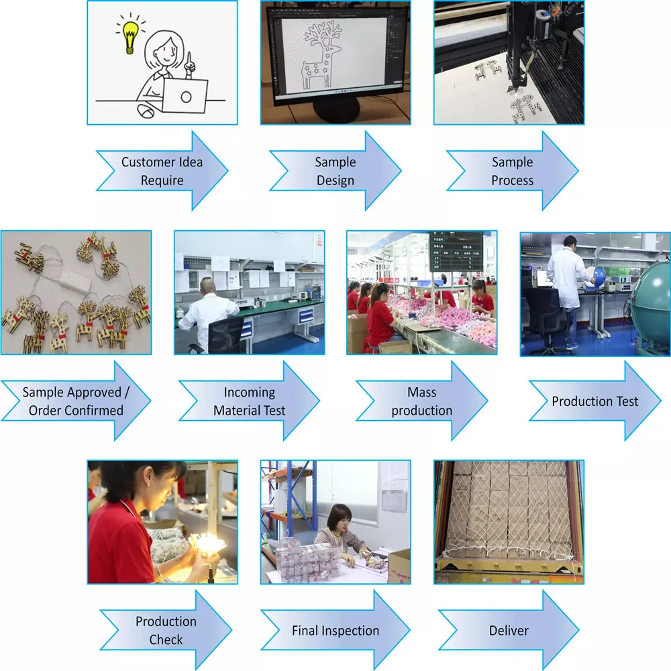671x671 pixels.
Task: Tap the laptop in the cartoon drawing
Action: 185,96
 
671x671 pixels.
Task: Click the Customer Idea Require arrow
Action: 162,171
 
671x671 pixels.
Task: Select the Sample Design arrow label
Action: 335,171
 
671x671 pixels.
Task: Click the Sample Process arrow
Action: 512,171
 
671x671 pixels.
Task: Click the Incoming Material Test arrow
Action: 249,401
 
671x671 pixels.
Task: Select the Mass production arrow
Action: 421,401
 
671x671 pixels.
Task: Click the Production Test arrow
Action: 595,401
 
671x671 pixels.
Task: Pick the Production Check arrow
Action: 166,630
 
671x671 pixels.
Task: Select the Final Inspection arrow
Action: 335,630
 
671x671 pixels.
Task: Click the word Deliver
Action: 508,630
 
